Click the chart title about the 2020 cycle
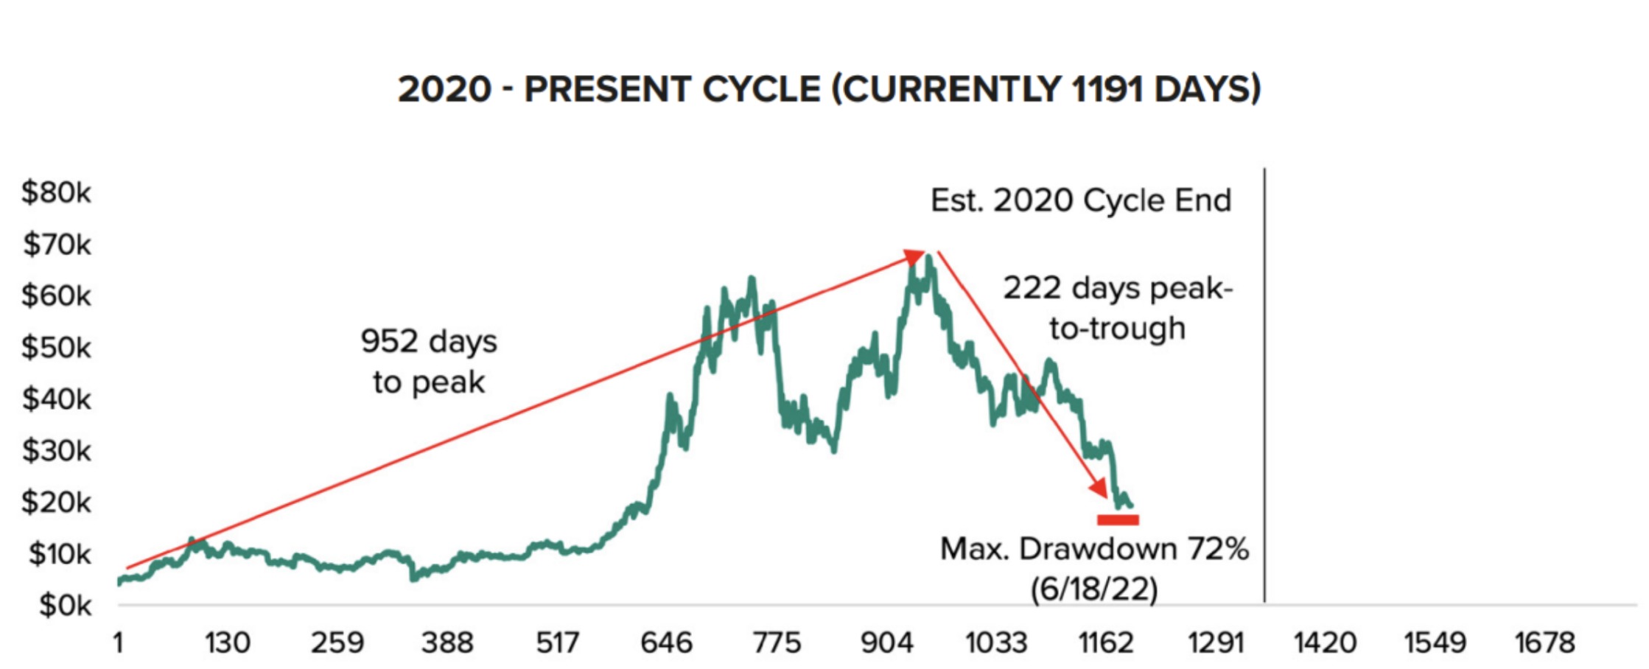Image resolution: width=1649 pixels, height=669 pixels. click(x=829, y=90)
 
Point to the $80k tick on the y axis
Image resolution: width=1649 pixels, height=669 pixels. click(x=57, y=192)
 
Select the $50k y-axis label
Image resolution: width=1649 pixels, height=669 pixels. click(x=57, y=347)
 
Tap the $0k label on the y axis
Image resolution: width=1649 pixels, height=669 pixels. click(x=65, y=606)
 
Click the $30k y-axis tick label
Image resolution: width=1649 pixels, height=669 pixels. click(x=57, y=450)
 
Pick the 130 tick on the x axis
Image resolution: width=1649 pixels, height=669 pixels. click(x=227, y=643)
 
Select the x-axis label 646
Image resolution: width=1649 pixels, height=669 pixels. click(x=666, y=643)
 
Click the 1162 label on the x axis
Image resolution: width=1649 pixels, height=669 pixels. click(x=1105, y=643)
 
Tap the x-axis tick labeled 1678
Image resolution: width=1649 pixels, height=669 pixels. click(x=1544, y=643)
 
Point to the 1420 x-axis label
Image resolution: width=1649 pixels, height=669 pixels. click(x=1325, y=643)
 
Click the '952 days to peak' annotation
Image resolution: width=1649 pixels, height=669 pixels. click(x=429, y=361)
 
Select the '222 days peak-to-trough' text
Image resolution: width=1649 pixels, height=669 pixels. click(x=1117, y=308)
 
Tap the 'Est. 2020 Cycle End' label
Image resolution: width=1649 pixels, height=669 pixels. click(x=1080, y=200)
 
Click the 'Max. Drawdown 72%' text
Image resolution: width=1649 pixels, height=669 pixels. click(x=1094, y=549)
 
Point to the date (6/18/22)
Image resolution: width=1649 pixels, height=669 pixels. click(x=1094, y=589)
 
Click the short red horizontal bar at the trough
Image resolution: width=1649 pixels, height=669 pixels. click(x=1118, y=520)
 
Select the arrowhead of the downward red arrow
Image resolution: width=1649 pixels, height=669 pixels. click(x=1099, y=488)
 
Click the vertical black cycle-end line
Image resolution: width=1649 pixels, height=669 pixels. click(x=1264, y=383)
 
